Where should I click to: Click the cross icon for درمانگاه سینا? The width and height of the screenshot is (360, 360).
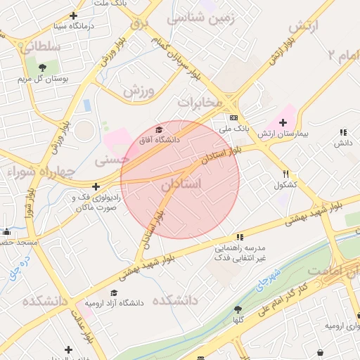coord(74,15)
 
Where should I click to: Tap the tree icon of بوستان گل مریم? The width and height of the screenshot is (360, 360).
coord(44,67)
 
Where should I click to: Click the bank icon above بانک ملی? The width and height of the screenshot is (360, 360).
coord(234,117)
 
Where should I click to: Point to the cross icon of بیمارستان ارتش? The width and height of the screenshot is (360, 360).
coord(283,122)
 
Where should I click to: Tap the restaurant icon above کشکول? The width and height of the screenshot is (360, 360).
coord(285,174)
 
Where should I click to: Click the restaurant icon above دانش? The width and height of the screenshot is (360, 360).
coord(343,131)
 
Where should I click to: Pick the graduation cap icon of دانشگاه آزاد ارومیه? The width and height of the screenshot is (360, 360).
coord(114,292)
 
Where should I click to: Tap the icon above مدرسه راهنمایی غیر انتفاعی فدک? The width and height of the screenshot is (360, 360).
coord(240,237)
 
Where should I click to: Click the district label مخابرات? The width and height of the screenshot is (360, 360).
coord(200,103)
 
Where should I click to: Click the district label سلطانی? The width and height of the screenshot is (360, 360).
coord(40,46)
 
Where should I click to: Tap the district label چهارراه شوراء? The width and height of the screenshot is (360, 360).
coord(37,172)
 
